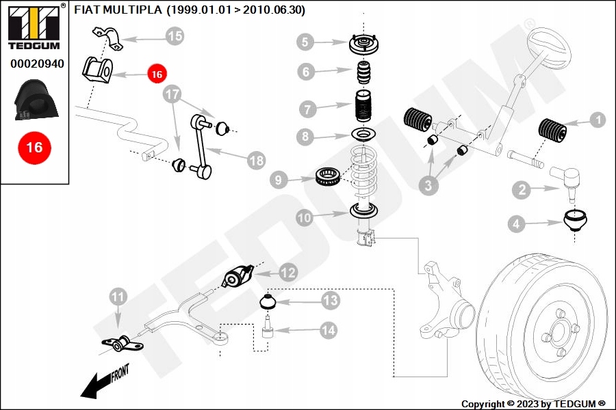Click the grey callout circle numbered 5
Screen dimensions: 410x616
coord(306,42)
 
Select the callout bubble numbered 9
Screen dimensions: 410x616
coord(279,180)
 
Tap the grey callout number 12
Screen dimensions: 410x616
coord(288,272)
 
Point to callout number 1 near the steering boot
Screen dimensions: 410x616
coord(597,120)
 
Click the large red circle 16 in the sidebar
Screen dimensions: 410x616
coord(34,148)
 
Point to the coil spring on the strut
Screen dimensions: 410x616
coord(363,171)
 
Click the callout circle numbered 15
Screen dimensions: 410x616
coord(175,36)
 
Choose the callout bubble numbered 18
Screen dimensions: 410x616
coord(256,161)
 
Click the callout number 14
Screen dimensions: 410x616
coord(329,330)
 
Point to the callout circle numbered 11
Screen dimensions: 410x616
coord(118,297)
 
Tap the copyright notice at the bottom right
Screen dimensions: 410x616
coord(533,403)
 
